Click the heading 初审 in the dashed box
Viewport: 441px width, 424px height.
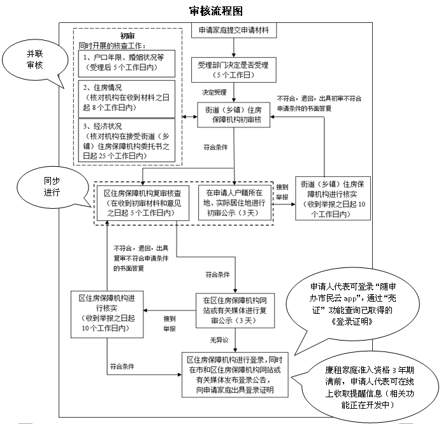pos(127,36)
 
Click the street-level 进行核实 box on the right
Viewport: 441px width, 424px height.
pos(331,199)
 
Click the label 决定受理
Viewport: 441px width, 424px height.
pos(214,92)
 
